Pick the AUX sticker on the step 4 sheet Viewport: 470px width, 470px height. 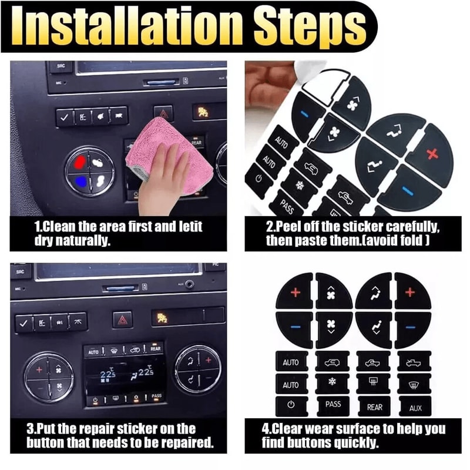coord(415,407)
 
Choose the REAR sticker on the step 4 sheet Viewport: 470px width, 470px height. coord(374,407)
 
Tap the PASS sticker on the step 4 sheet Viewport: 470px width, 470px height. coord(333,404)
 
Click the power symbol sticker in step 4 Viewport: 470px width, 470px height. coord(291,405)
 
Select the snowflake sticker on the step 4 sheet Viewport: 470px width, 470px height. coord(333,384)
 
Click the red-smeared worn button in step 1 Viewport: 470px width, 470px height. coord(81,161)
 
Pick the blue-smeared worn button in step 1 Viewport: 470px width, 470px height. coord(80,181)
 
